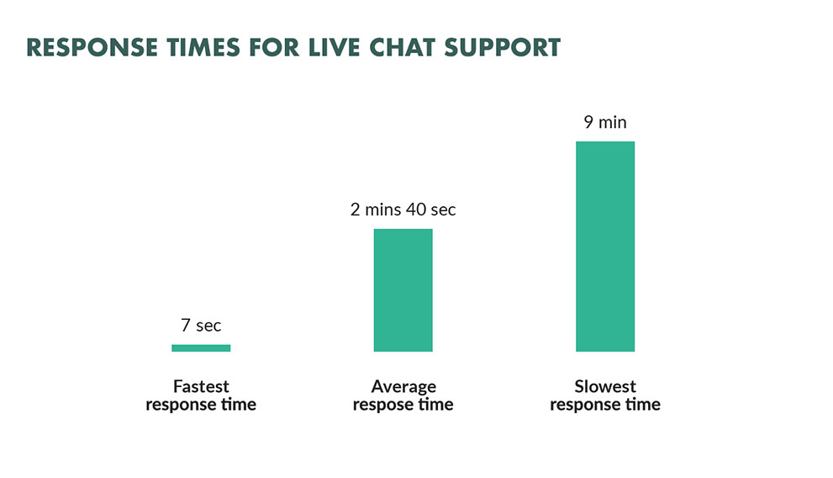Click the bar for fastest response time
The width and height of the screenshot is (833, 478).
pos(201,348)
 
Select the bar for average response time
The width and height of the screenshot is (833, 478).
pos(403,290)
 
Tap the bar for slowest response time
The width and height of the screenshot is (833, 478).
pos(605,247)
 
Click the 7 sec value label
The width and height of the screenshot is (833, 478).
pos(201,325)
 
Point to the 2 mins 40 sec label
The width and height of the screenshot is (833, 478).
pos(403,210)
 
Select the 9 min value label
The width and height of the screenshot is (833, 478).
pos(605,122)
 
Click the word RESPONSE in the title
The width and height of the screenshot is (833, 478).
pos(92,47)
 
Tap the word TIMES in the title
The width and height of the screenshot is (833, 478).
pos(203,47)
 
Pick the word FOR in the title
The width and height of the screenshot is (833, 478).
pos(274,47)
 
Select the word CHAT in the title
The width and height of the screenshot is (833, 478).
pos(402,47)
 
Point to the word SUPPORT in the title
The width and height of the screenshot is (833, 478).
pos(503,47)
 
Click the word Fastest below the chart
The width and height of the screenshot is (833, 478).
pos(201,386)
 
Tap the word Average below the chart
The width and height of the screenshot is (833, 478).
pos(403,386)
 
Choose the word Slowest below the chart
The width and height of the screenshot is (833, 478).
pos(605,386)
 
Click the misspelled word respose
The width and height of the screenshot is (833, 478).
pos(381,405)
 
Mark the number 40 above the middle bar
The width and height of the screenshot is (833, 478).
pos(416,210)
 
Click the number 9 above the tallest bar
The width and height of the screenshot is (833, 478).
pos(588,122)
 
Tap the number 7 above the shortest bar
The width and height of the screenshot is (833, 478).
pos(186,325)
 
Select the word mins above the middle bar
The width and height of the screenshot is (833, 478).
pos(382,210)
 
